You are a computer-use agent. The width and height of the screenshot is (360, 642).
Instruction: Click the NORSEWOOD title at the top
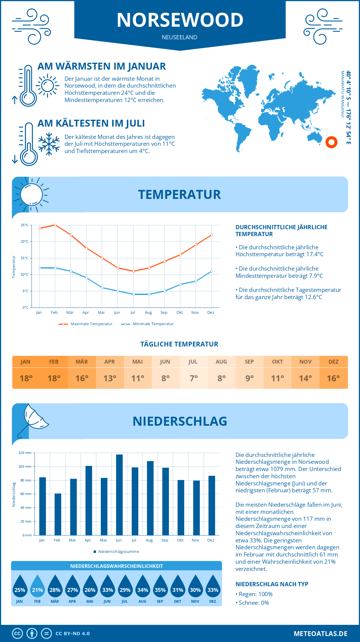[180, 20]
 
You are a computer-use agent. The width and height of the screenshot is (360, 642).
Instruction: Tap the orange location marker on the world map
[331, 142]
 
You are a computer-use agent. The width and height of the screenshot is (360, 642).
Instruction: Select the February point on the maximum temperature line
[55, 225]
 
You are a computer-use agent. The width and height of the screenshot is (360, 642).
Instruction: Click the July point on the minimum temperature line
[133, 294]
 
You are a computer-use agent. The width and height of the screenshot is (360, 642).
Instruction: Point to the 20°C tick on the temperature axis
[25, 241]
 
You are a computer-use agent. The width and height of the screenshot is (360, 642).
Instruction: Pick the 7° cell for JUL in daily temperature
[193, 378]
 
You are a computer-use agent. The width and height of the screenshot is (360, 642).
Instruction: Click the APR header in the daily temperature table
[109, 362]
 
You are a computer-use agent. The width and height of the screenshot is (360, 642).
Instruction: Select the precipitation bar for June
[119, 495]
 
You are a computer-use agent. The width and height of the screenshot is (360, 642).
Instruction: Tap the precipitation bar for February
[58, 514]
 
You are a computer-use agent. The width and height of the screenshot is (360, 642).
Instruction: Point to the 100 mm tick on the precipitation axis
[25, 466]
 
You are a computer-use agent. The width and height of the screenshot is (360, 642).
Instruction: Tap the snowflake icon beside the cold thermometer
[49, 144]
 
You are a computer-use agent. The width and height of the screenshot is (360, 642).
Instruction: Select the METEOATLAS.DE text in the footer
[320, 634]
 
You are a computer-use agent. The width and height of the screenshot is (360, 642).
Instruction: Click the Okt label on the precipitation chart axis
[180, 540]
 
